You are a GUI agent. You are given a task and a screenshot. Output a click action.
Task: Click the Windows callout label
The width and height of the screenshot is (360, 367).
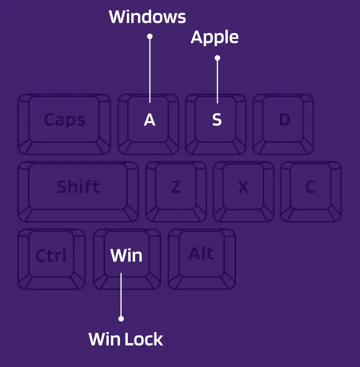coord(147,17)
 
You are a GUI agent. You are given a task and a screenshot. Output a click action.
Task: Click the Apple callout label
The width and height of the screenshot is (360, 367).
coord(214,37)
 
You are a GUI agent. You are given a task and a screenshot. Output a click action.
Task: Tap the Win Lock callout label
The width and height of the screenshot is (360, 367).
coord(126,339)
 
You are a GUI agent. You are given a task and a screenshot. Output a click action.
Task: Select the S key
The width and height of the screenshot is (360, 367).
coord(217,120)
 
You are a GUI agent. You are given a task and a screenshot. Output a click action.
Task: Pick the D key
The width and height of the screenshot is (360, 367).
coord(284,120)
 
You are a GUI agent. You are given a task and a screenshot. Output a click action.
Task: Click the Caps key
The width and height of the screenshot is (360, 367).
coord(64,120)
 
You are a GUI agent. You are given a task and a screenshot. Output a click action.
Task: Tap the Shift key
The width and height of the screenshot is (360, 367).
coord(78,187)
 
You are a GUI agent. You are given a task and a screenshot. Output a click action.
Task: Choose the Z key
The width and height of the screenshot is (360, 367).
coord(176,187)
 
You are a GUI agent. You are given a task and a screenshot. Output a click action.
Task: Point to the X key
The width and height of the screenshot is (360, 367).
coord(243,187)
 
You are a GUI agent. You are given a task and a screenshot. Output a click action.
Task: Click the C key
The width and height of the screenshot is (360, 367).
coord(310,187)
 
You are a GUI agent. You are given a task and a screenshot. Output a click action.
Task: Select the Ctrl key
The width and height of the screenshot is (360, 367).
coord(51,255)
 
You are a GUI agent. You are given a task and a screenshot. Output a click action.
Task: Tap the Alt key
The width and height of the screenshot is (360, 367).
coord(201,254)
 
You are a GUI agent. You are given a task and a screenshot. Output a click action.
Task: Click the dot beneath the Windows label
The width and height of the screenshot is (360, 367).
coord(150,36)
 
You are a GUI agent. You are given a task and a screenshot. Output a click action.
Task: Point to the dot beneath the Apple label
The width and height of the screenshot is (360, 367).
coord(217,58)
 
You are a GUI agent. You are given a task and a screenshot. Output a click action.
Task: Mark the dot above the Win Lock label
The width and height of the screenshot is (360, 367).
coord(121,319)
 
